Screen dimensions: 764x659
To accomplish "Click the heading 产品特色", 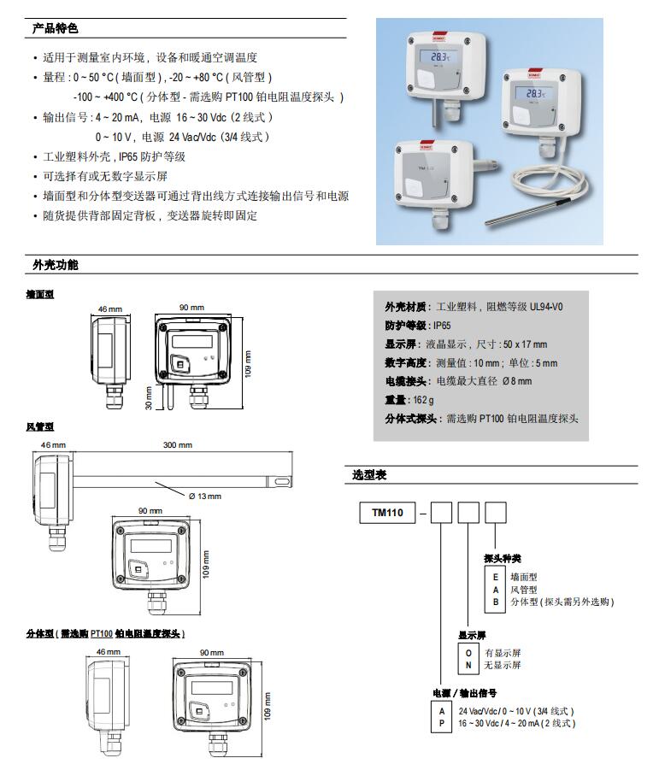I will coord(55,29).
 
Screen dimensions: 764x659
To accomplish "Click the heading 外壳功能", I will coord(55,265).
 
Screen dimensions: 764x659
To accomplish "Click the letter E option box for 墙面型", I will coord(495,578).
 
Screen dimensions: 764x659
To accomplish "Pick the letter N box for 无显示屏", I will coord(468,665).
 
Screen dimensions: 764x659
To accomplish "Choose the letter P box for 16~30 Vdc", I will coord(442,723).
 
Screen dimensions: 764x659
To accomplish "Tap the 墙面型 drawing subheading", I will coord(40,293).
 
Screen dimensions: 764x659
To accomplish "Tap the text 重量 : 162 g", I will coord(409,400).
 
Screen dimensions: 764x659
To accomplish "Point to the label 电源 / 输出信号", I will coord(465,693).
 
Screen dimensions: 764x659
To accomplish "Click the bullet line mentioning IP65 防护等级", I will coord(115,156).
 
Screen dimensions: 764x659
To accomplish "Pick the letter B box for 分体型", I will coord(495,602).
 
